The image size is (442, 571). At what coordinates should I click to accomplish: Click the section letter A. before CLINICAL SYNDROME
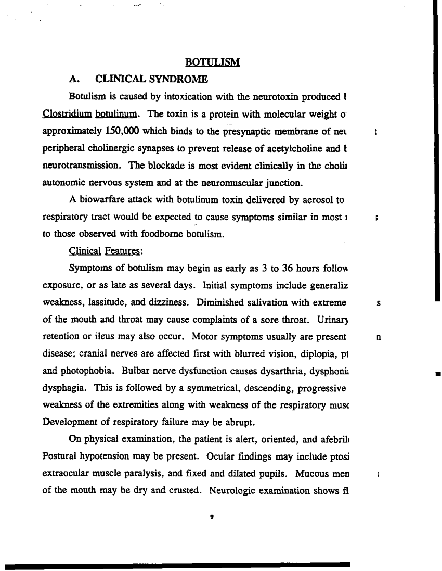coord(74,79)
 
